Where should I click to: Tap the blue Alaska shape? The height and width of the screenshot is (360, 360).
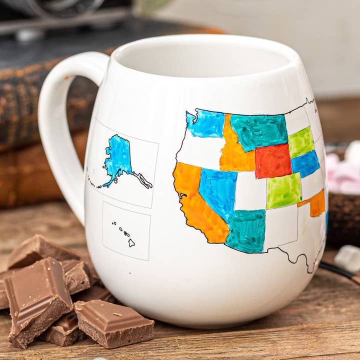tap(118, 157)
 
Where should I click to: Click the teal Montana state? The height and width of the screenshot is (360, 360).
tap(258, 131)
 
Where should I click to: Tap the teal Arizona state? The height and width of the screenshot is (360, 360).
tap(246, 230)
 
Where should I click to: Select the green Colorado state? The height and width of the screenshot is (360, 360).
tap(283, 190)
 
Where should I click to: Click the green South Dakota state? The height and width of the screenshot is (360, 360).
tap(301, 142)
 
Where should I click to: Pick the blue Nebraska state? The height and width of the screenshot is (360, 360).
tap(305, 163)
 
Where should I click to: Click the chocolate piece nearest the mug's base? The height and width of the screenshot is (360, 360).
tap(114, 322)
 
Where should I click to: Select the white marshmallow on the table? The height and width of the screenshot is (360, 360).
tap(347, 258)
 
